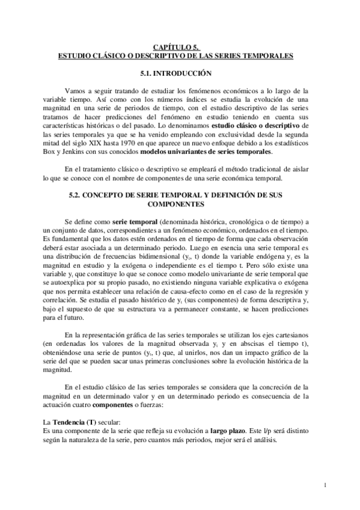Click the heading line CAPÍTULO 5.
175,48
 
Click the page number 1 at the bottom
323,485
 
